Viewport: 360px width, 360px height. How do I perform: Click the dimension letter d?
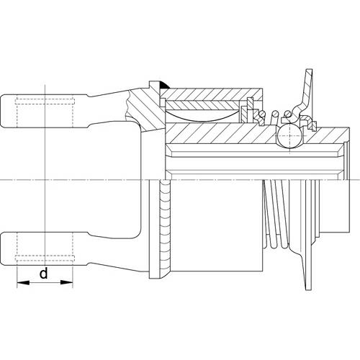(x=44, y=274)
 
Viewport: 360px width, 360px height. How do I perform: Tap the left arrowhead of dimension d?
(x=23, y=282)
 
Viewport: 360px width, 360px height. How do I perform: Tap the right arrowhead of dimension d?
(x=66, y=282)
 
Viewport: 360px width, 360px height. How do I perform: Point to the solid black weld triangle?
(x=164, y=86)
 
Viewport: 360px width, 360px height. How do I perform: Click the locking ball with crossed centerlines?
(x=289, y=135)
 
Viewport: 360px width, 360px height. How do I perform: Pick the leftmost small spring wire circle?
(x=262, y=113)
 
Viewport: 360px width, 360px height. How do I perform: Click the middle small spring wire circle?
(x=274, y=113)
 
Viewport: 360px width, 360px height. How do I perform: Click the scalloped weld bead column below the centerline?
(x=164, y=228)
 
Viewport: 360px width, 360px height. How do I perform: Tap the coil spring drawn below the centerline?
(x=276, y=214)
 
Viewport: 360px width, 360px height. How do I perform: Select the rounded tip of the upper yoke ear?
(x=3, y=111)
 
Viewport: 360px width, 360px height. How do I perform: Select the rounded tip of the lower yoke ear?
(x=3, y=249)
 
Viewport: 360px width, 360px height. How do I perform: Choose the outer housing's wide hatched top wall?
(x=211, y=94)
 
